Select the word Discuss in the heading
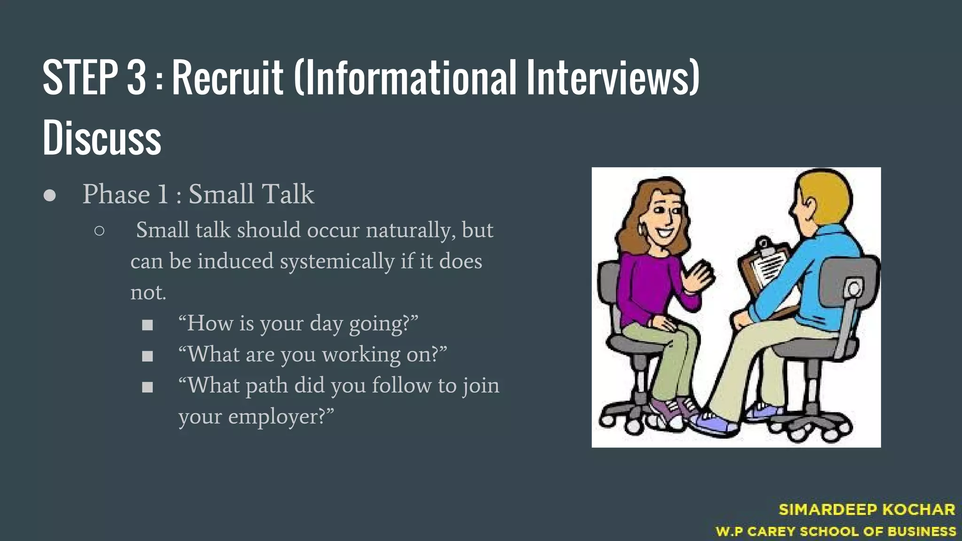coord(102,137)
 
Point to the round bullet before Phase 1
coord(50,195)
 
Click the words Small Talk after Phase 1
coord(251,194)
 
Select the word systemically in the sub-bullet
coord(337,261)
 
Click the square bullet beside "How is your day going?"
coord(147,325)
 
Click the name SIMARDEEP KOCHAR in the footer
coord(867,510)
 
